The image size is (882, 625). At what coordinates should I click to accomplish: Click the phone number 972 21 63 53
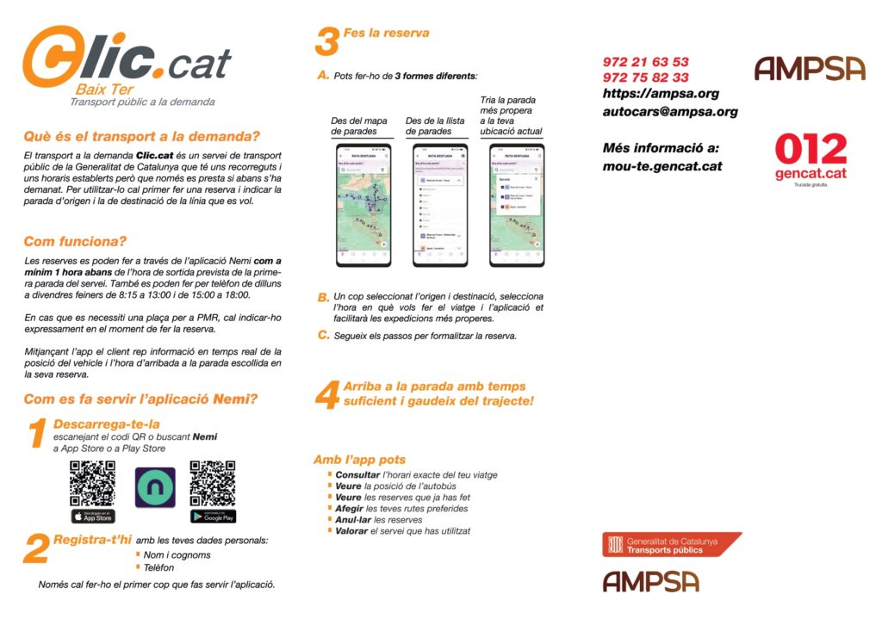[x=645, y=62]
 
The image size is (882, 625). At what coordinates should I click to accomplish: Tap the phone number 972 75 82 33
[x=645, y=77]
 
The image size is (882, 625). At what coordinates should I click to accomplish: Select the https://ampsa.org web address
[x=661, y=94]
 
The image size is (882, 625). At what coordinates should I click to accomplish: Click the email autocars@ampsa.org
[x=670, y=111]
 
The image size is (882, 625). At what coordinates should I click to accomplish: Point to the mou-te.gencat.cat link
[x=662, y=166]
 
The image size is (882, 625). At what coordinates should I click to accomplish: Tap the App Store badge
[x=93, y=517]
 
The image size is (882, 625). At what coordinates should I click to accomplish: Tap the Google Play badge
[x=213, y=517]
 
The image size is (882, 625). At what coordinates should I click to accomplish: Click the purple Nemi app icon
[x=155, y=487]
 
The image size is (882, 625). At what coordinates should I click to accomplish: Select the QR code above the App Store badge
[x=93, y=483]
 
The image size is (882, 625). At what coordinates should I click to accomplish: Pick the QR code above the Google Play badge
[x=213, y=483]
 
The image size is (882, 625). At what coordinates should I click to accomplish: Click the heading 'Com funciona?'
[x=76, y=241]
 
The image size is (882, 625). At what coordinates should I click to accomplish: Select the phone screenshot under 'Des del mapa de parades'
[x=363, y=205]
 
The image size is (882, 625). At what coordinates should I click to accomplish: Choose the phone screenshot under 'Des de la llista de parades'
[x=438, y=205]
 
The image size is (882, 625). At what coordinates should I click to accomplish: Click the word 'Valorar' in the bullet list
[x=351, y=531]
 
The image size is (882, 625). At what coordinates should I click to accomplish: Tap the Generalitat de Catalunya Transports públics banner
[x=671, y=545]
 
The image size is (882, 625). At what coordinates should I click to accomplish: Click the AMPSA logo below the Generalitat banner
[x=650, y=582]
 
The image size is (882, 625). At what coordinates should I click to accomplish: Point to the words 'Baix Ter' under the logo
[x=104, y=89]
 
